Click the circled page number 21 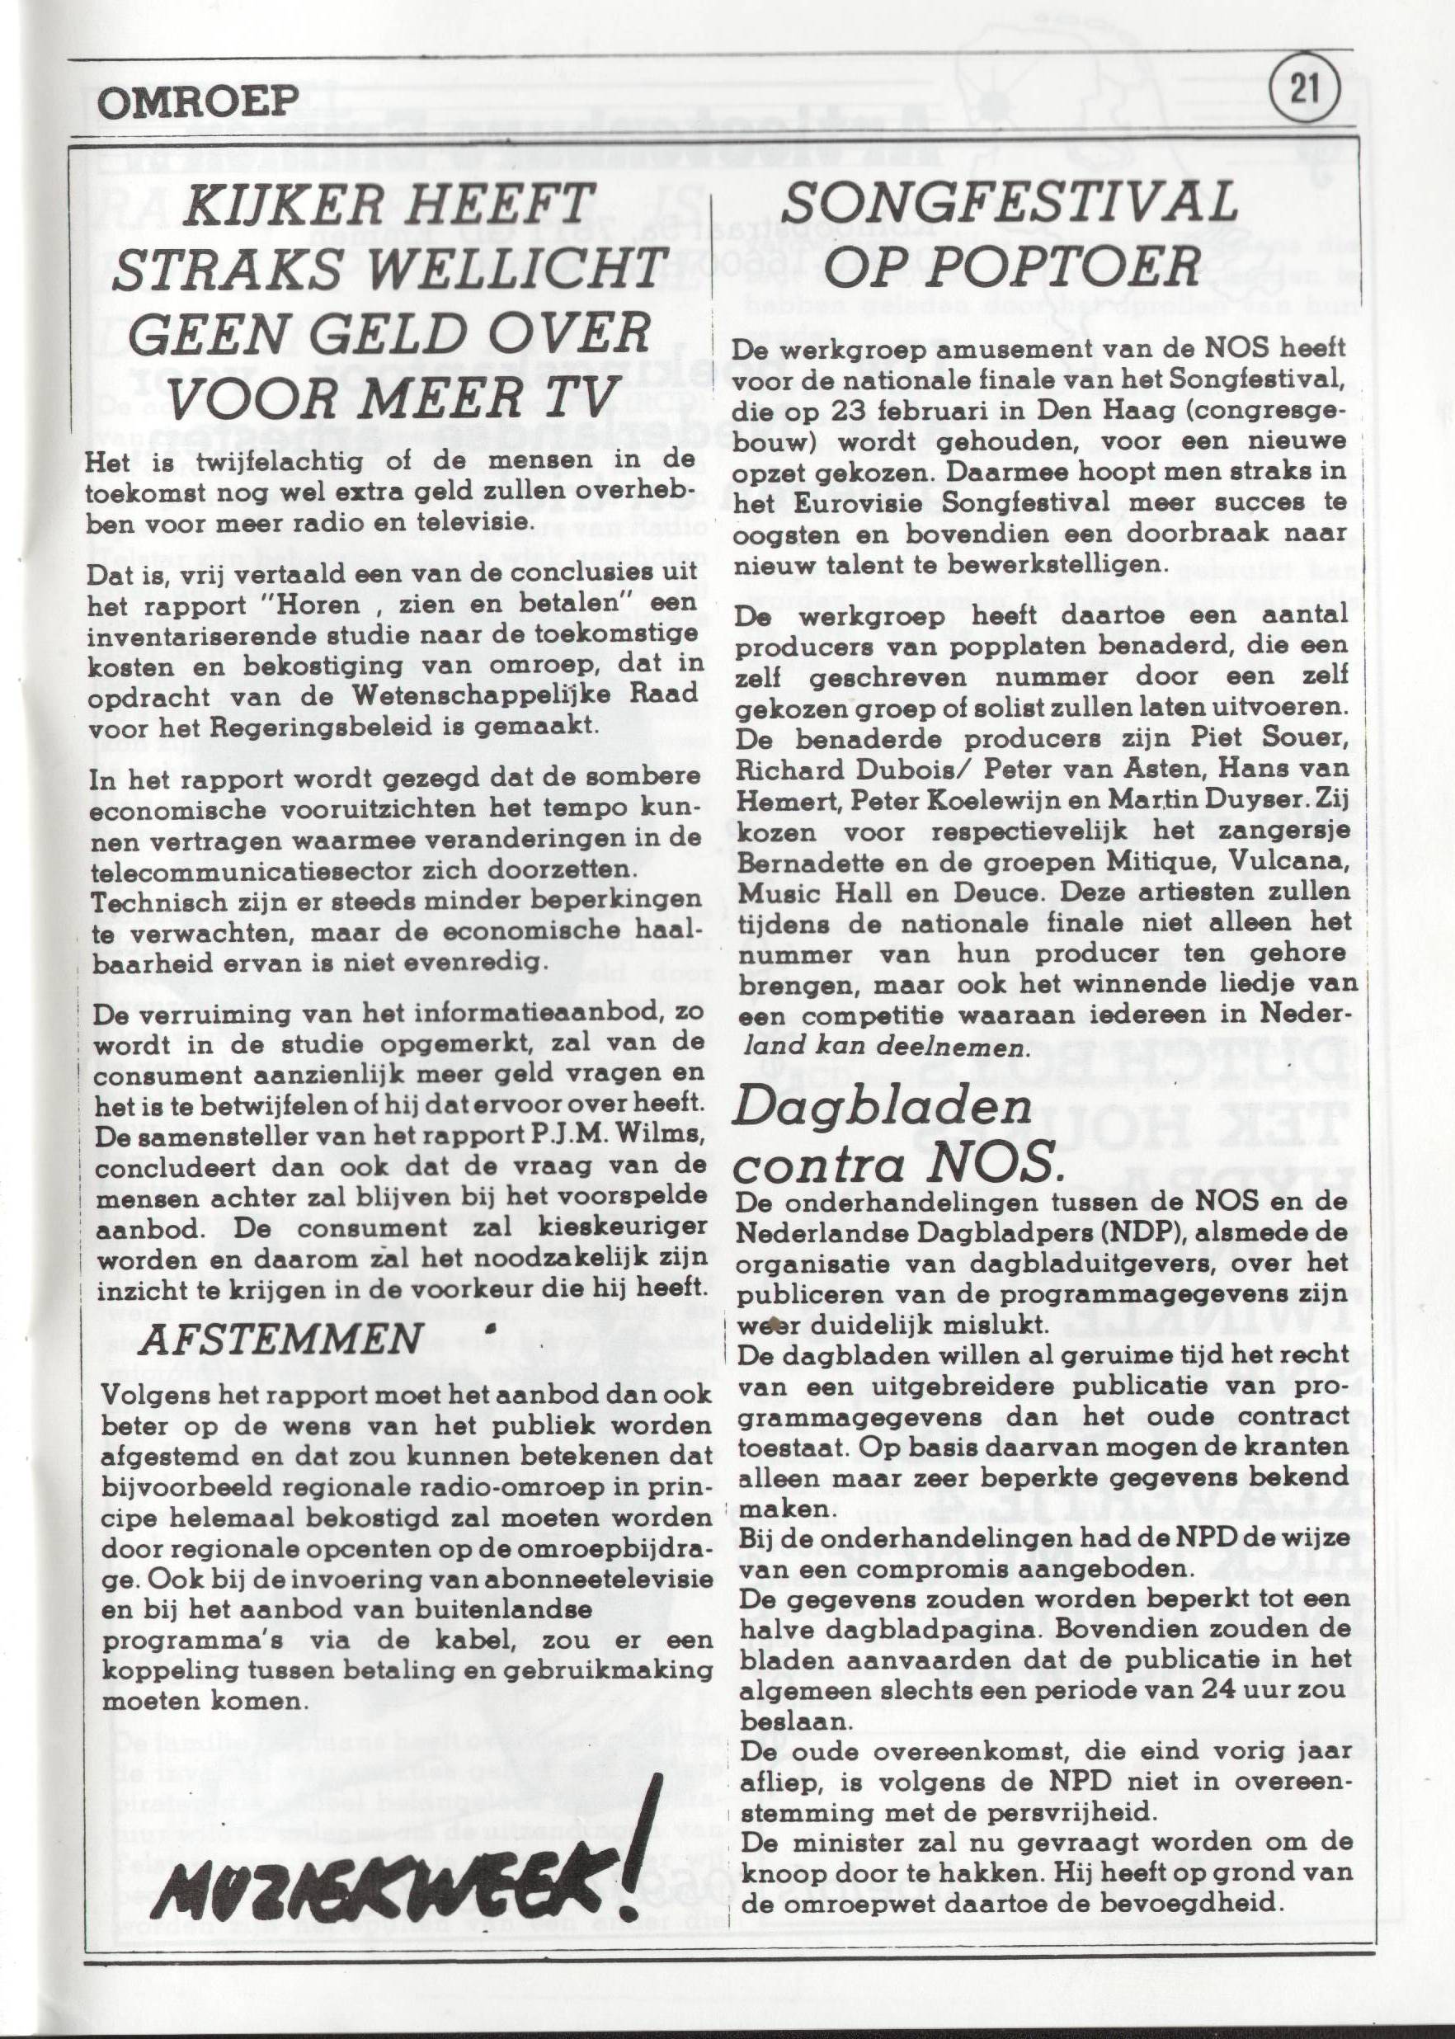(x=1303, y=91)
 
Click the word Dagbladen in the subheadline (x=883, y=1111)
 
